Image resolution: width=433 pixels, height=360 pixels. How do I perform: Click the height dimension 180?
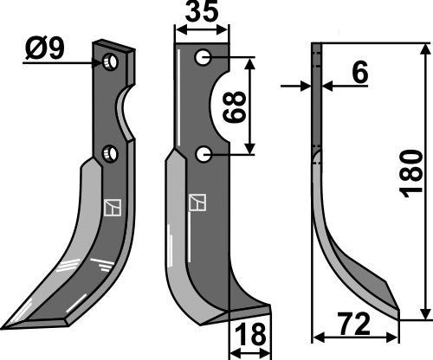pos(413,173)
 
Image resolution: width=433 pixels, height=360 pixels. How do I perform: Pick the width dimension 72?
pos(356,325)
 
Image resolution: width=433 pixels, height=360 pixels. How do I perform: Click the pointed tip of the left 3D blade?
pos(7,326)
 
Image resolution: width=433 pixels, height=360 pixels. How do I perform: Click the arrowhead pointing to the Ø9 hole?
pos(100,62)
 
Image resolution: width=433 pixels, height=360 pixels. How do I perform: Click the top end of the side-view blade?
pos(317,47)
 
